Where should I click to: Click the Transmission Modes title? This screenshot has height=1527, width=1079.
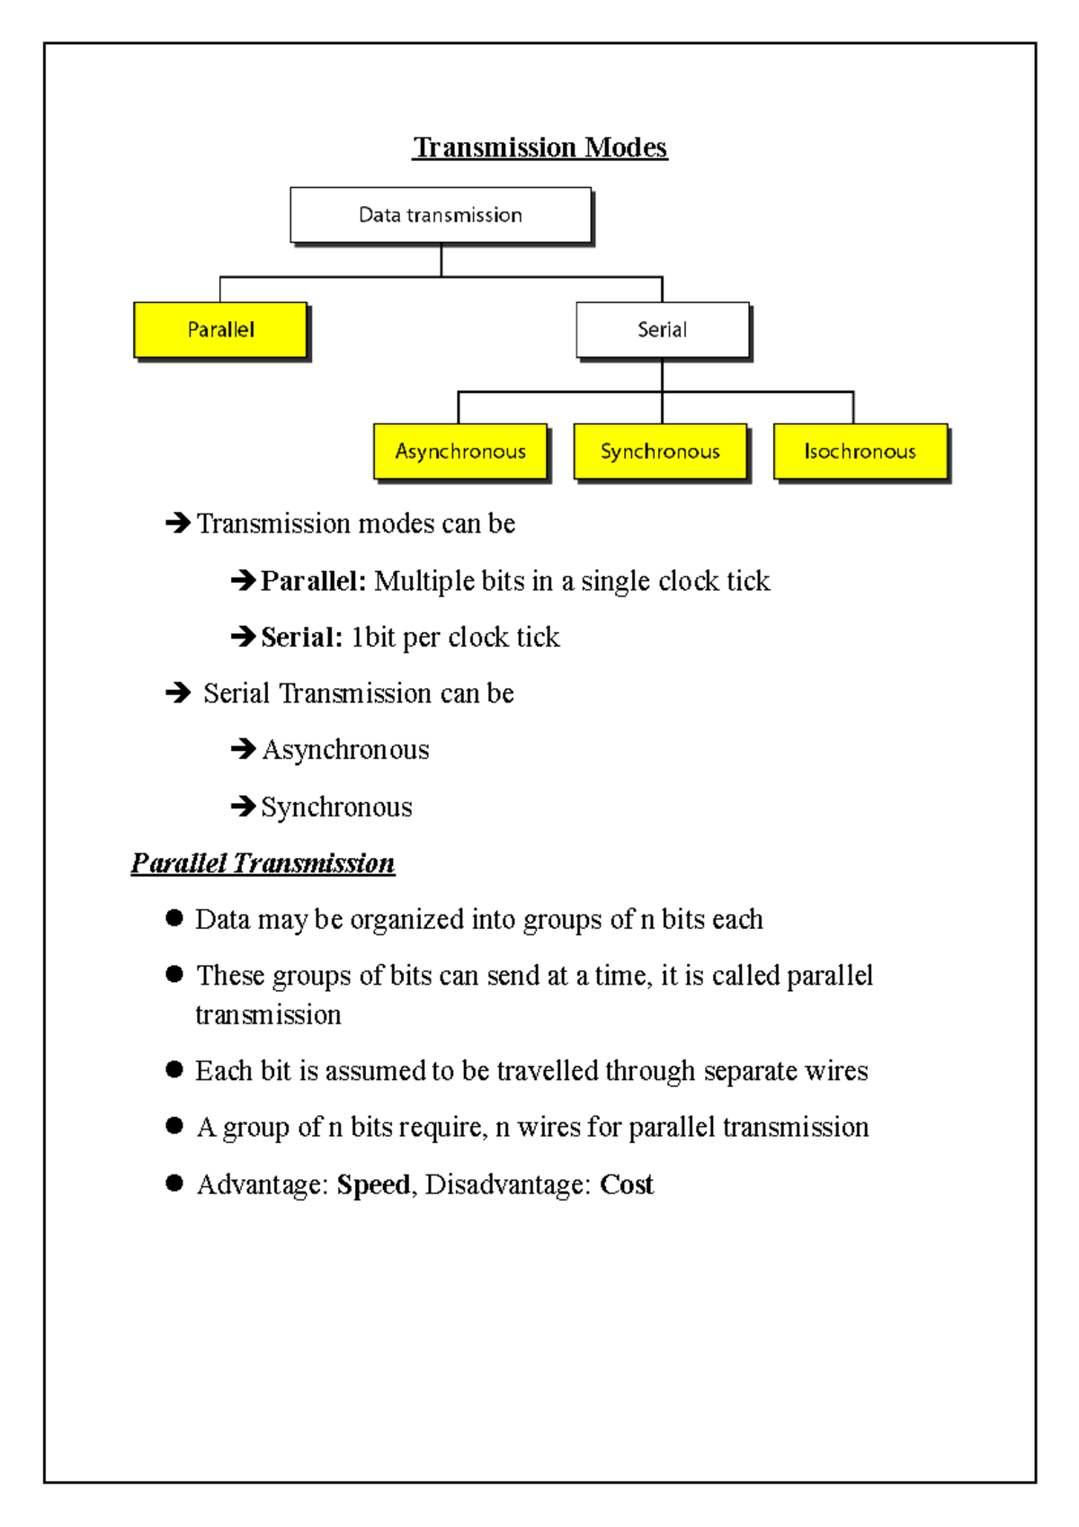pos(539,147)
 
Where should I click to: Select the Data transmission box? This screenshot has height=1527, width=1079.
pos(441,215)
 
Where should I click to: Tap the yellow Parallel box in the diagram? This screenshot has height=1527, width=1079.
pos(220,330)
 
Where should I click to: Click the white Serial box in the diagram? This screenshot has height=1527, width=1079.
pos(663,330)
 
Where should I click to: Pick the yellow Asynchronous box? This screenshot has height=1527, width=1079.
pos(460,451)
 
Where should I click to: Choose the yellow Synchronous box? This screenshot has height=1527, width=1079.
pos(660,451)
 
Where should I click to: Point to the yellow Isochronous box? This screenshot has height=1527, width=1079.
pos(861,451)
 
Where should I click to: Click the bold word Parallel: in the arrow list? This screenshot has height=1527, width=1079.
pos(313,581)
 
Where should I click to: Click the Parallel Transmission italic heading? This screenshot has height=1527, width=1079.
pos(263,863)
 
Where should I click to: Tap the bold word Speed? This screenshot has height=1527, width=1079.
pos(373,1184)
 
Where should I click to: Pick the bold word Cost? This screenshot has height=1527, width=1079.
pos(627,1184)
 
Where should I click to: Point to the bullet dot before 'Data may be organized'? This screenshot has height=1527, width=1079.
pos(174,918)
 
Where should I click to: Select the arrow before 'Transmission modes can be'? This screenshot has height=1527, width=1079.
pos(178,522)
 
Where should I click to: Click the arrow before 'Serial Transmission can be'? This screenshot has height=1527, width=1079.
pos(178,692)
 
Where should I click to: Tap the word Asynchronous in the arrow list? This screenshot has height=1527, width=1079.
pos(346,750)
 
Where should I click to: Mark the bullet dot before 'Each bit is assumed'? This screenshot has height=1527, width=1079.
pos(174,1069)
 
